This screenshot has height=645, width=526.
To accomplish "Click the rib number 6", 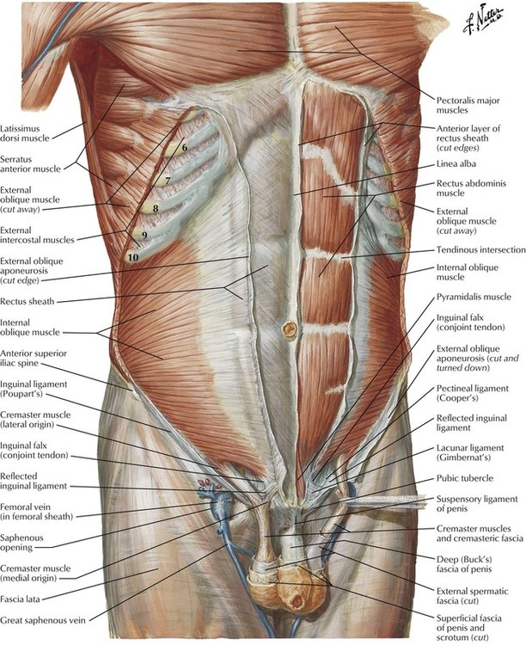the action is point(184,147).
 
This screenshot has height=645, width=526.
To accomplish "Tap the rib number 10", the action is point(133,258).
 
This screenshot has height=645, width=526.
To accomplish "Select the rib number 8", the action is point(156,209).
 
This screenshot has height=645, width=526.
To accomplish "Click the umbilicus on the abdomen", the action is point(289,329).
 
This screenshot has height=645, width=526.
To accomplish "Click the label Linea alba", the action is point(456,164).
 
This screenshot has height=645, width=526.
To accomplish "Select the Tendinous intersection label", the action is point(480,249).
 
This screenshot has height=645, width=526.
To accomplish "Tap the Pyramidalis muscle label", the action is point(474,297).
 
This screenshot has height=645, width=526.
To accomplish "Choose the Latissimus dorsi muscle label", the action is point(25,133).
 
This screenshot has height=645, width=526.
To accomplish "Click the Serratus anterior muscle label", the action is point(30,163).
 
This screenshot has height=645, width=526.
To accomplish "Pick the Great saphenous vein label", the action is point(43,620).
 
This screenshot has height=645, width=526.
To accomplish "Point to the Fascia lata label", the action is point(20,599).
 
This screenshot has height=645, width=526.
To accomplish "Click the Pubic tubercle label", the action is point(465,478).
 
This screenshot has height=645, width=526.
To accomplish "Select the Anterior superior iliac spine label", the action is point(34,358).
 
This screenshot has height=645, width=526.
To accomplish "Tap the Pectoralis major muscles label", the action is point(468,105).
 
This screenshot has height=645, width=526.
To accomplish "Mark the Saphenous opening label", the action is point(22,543).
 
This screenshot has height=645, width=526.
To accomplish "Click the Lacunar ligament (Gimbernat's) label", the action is point(470,452).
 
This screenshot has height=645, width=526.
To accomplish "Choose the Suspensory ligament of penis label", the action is point(477,503).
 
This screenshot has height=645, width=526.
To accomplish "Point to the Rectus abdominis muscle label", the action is point(471,188).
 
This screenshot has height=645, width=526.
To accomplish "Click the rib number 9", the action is point(144,236).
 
